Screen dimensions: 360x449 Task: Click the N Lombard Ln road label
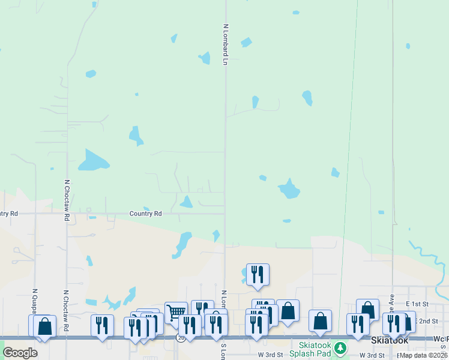(x=226, y=44)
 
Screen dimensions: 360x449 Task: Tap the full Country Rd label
(x=146, y=214)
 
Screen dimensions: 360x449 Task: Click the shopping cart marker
(x=175, y=312)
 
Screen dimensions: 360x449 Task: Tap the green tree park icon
(x=340, y=348)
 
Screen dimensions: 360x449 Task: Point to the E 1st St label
(x=417, y=304)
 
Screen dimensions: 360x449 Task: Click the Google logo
(x=20, y=353)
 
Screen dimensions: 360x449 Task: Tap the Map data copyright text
(x=423, y=355)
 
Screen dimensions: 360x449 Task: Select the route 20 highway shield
(x=180, y=338)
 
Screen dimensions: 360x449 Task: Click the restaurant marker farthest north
(x=258, y=274)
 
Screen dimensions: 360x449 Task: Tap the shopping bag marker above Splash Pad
(x=320, y=320)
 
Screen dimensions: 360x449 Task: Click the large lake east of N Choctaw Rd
(x=94, y=160)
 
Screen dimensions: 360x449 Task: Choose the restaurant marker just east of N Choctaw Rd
(x=102, y=325)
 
